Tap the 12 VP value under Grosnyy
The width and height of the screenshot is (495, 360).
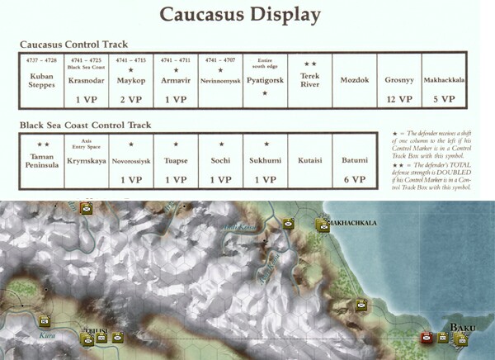click(x=399, y=98)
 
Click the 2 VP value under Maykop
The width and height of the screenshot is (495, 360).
click(x=131, y=98)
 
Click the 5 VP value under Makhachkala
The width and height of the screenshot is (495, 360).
click(x=444, y=98)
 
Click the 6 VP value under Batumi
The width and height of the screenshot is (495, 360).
click(x=355, y=179)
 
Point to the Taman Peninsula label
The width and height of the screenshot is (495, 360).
click(x=41, y=158)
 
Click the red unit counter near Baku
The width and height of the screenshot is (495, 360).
click(x=427, y=337)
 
